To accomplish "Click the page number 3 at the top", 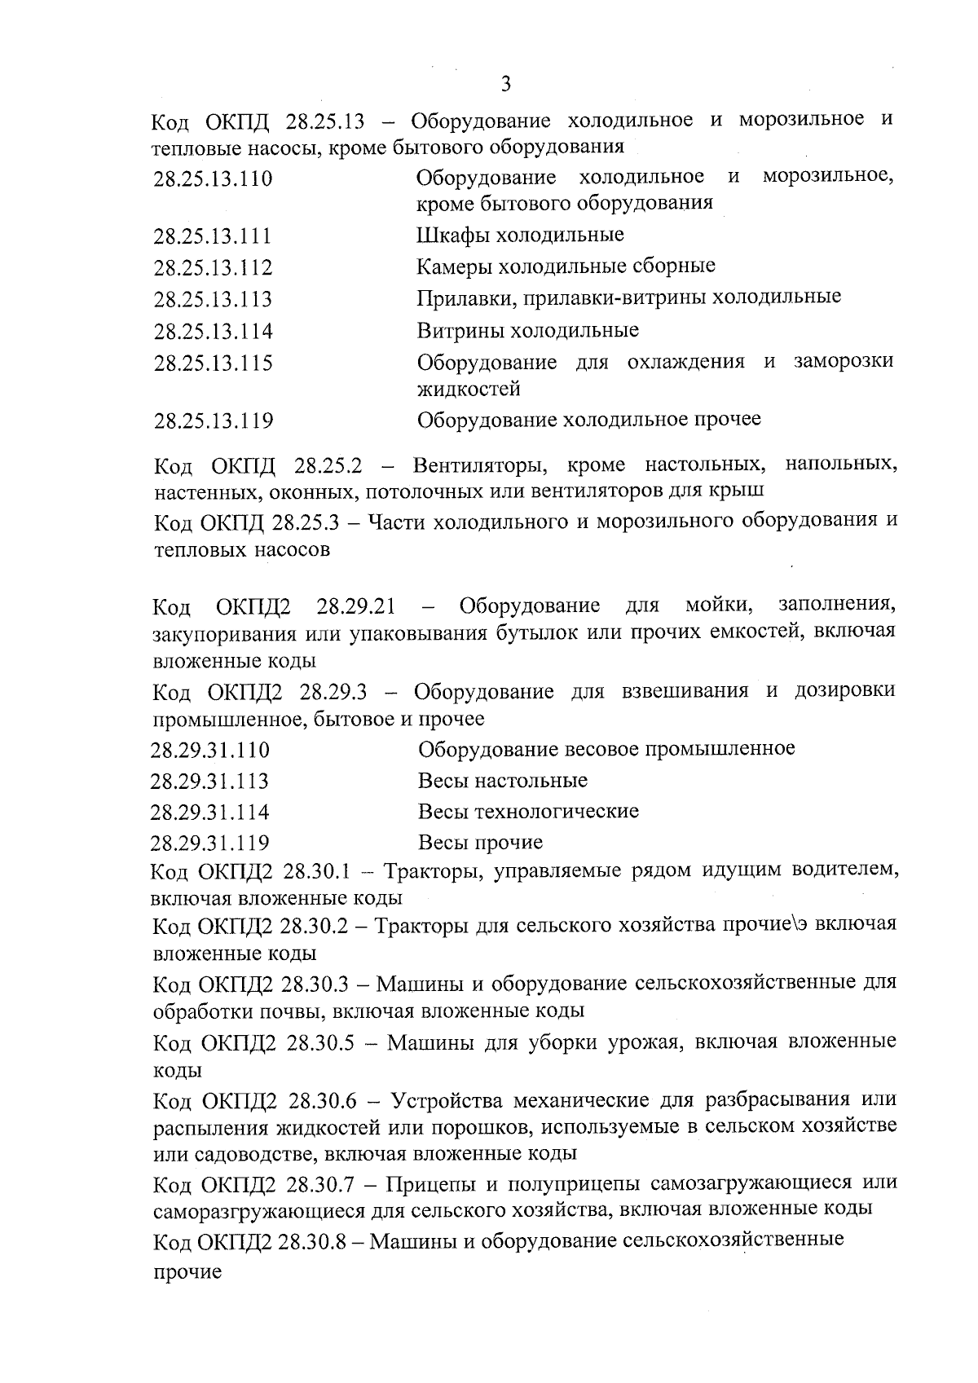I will (505, 83).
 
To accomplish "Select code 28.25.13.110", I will (213, 178).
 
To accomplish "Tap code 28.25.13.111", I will (213, 237).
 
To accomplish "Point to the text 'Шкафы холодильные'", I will (520, 236).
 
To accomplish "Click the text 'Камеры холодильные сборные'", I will (566, 266).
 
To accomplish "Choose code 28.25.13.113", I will (213, 300).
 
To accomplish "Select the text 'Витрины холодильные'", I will (527, 330).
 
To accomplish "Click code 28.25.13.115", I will (213, 363).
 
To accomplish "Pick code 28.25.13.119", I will (213, 421).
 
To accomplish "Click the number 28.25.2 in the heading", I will (328, 467).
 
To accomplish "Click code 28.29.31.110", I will (210, 751).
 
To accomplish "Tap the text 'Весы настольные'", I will (502, 781).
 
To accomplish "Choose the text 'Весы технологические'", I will (528, 812).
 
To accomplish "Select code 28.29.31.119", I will (210, 843).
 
